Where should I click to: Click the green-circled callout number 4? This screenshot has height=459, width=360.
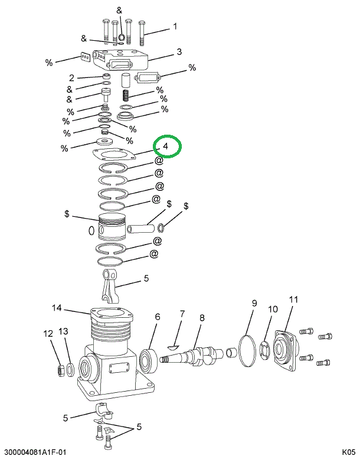[166, 146]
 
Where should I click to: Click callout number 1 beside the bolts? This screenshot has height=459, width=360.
[175, 26]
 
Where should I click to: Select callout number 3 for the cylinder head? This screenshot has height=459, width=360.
[179, 51]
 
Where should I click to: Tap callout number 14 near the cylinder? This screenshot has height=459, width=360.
[57, 308]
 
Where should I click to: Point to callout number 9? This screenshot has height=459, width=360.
[254, 304]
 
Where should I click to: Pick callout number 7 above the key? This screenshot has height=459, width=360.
[182, 314]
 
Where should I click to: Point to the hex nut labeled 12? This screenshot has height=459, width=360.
[60, 370]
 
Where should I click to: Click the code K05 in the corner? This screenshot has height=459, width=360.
[348, 453]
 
